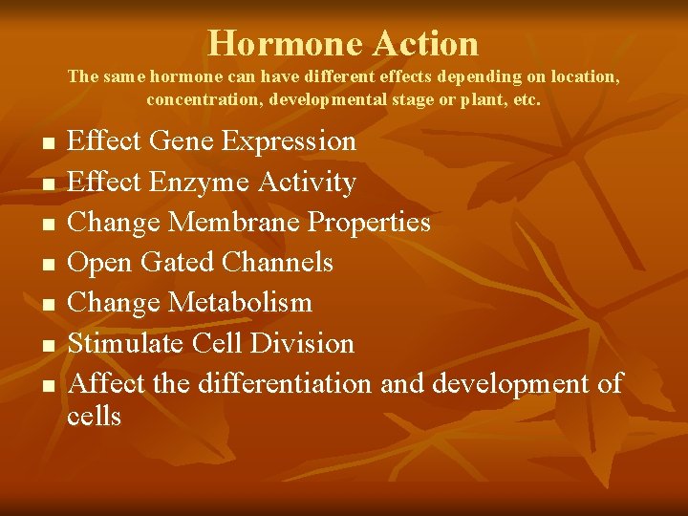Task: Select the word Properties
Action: tap(369, 222)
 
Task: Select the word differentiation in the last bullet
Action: tap(286, 383)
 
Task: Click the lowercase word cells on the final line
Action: tap(94, 416)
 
